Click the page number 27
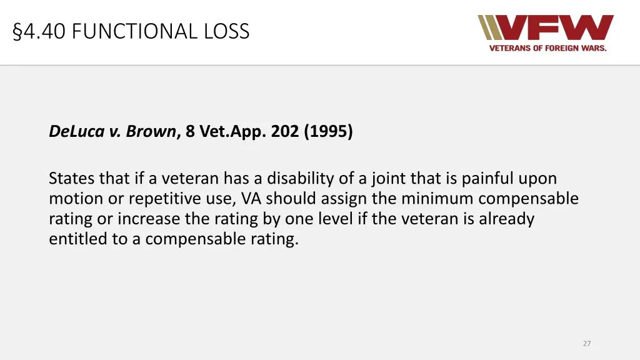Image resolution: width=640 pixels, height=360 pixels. [586, 343]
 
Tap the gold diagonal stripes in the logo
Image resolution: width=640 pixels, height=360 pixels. [489, 27]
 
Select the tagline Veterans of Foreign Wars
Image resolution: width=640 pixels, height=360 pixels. [547, 48]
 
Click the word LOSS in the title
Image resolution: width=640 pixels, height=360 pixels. [229, 31]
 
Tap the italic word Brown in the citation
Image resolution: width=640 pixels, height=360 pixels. [151, 132]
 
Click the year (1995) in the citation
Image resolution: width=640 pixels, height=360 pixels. [329, 132]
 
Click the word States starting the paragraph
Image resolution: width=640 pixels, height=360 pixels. [71, 179]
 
